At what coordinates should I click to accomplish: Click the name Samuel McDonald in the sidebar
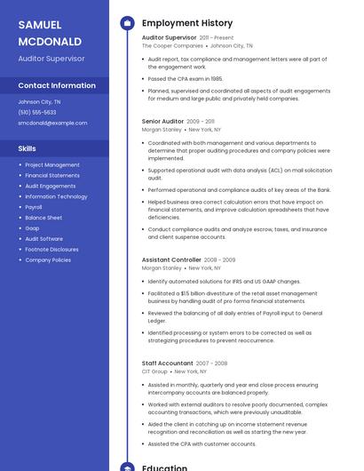coord(50,33)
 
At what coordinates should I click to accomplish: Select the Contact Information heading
coord(57,85)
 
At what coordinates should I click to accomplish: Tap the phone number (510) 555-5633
coord(37,112)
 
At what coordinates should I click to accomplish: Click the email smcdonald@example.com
coord(52,123)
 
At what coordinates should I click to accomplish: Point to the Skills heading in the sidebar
coord(28,148)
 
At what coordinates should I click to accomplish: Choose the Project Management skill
coord(52,164)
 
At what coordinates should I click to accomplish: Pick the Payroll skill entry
coord(34,207)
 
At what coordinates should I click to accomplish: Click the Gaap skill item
coord(32,228)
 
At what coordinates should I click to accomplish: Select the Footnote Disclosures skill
coord(51,250)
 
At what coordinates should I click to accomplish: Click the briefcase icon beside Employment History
coord(126,23)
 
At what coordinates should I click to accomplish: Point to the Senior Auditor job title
coord(162,121)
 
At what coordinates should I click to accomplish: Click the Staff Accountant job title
coord(167,363)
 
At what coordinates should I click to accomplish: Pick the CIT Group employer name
coord(154,371)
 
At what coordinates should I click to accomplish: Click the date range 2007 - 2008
coord(212,363)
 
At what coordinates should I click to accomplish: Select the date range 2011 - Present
coord(217,38)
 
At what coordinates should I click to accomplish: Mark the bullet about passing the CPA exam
coord(186,78)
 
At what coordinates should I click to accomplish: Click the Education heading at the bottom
coord(164,467)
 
